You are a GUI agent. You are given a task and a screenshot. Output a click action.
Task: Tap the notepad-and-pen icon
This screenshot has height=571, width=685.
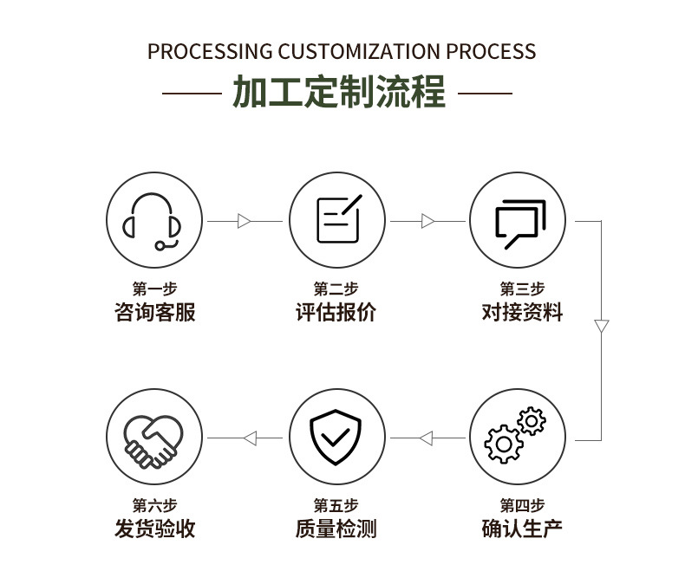click(x=338, y=219)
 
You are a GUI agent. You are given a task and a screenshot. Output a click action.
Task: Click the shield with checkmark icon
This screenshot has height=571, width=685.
click(x=336, y=437)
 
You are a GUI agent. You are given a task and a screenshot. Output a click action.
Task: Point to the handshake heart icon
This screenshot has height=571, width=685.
click(x=153, y=441)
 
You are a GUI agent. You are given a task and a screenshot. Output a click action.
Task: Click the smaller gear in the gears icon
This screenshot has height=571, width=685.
click(x=532, y=421)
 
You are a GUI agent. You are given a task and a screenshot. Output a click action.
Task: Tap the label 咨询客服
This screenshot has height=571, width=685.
click(x=154, y=312)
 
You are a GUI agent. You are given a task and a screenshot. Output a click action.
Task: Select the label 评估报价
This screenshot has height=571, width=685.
click(x=336, y=312)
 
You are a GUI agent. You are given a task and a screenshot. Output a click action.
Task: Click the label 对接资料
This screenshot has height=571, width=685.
click(x=522, y=312)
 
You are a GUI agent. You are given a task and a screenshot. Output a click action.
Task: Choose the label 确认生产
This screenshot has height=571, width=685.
click(x=522, y=529)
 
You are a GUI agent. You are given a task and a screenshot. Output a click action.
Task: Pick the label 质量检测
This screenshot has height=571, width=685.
click(x=336, y=529)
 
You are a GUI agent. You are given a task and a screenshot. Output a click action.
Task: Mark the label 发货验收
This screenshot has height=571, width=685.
click(x=154, y=529)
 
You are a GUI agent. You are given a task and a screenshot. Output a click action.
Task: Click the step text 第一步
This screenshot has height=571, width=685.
click(x=154, y=289)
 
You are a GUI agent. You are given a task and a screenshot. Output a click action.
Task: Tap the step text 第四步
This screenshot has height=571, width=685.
click(x=522, y=505)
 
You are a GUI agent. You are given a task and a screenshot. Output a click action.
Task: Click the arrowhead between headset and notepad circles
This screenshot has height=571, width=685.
click(x=245, y=221)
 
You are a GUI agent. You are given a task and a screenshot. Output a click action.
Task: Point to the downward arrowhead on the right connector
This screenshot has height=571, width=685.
click(x=601, y=326)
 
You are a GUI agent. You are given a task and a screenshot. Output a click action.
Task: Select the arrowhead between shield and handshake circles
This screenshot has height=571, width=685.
click(x=251, y=438)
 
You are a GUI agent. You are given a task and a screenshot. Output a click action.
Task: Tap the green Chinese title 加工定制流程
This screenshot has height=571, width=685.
click(x=339, y=91)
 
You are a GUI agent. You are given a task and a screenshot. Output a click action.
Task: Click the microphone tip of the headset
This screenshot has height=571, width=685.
click(x=160, y=246)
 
